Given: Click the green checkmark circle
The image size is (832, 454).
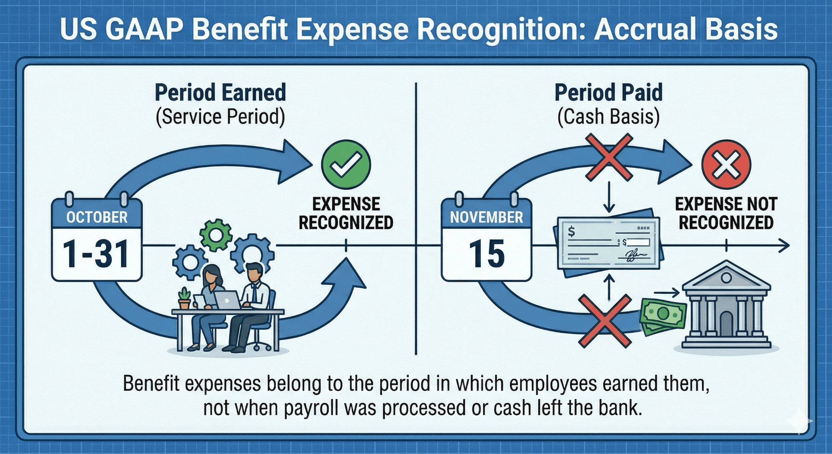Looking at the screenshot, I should pyautogui.click(x=346, y=165).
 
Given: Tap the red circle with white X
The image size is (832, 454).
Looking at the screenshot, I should pyautogui.click(x=726, y=165).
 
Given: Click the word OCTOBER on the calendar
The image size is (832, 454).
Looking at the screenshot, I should pyautogui.click(x=97, y=217).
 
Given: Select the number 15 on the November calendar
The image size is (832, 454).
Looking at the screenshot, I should pyautogui.click(x=487, y=254).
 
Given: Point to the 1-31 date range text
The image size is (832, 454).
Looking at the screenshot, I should pyautogui.click(x=97, y=254).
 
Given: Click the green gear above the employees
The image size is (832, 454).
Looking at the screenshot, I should pyautogui.click(x=216, y=235).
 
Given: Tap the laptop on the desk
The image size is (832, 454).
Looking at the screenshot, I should pyautogui.click(x=227, y=300).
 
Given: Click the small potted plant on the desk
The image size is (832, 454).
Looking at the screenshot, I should pyautogui.click(x=184, y=299).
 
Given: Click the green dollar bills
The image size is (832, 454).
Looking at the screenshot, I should pyautogui.click(x=662, y=315).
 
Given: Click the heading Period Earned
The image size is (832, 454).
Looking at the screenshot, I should pyautogui.click(x=220, y=93).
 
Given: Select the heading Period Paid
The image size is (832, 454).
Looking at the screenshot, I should pyautogui.click(x=608, y=93).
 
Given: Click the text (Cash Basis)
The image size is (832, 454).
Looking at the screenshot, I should pyautogui.click(x=608, y=117).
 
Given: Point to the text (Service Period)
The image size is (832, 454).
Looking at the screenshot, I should pyautogui.click(x=220, y=117).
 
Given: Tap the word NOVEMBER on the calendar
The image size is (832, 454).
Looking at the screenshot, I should pyautogui.click(x=486, y=217).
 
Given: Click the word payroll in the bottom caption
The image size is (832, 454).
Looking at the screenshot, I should pyautogui.click(x=311, y=408).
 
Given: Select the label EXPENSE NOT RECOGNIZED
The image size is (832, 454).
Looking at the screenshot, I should pyautogui.click(x=726, y=213).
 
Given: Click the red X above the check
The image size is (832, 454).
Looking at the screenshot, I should pyautogui.click(x=608, y=158).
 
